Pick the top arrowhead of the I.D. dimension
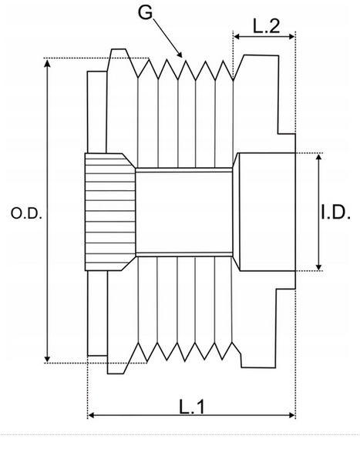coord(318,157)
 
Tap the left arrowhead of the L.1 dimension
coord(93,416)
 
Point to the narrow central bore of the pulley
coord(185,211)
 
